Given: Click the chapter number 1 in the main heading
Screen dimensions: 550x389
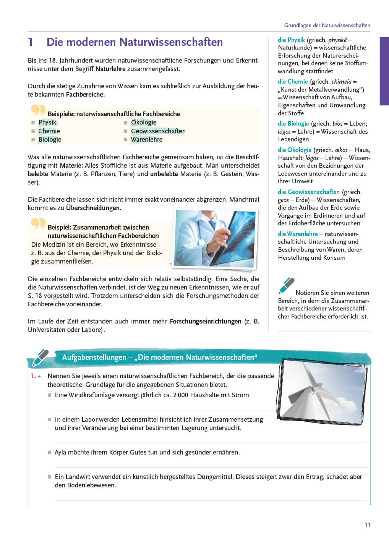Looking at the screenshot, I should point(31,42).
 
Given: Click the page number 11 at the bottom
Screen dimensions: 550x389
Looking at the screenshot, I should point(368,525).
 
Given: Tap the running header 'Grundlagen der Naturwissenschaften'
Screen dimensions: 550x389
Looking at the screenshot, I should point(327,25).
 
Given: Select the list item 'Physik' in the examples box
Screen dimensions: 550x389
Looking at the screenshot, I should point(47,123).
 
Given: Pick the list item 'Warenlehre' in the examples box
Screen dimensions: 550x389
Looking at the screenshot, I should point(147,140).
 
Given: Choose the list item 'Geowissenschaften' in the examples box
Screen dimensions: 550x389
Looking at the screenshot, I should point(158,131).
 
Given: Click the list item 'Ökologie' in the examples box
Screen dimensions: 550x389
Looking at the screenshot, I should point(144,123).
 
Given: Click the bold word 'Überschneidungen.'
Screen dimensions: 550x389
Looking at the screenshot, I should point(94,208).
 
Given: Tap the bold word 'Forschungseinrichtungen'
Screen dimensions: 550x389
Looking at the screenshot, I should point(206,322).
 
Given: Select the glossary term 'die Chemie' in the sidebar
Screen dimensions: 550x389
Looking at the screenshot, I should point(293,82).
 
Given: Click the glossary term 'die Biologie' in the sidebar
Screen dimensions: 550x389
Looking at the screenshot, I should point(293,124).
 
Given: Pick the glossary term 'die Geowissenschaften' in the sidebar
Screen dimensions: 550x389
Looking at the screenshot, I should point(309,192).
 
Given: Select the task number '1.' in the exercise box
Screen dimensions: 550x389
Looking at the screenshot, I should point(33,376).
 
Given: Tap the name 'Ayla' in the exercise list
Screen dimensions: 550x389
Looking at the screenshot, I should point(60,453).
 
